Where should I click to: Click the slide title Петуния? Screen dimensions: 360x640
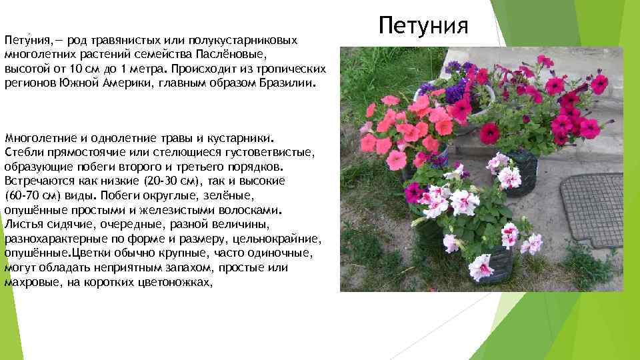pos(424,25)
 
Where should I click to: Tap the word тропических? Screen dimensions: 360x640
pos(291,69)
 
